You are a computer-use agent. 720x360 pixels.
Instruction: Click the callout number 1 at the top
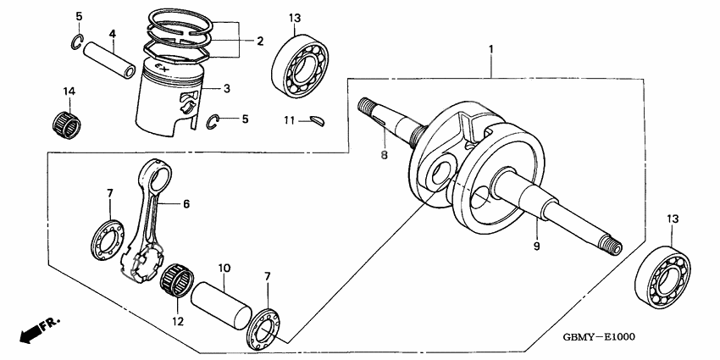coord(490,50)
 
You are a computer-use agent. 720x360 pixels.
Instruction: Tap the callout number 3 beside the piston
coord(227,89)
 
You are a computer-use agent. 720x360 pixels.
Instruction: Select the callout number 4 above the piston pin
coord(112,34)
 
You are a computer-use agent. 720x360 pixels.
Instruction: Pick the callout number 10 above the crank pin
coord(224,269)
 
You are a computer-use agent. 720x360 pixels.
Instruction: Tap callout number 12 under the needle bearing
coord(177,322)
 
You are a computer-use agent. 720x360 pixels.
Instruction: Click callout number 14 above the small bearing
coord(68,91)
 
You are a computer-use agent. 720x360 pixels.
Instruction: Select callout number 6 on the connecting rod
coord(186,204)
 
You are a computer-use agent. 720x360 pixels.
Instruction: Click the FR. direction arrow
coord(38,329)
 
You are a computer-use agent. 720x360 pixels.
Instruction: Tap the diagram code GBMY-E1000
coord(599,336)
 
